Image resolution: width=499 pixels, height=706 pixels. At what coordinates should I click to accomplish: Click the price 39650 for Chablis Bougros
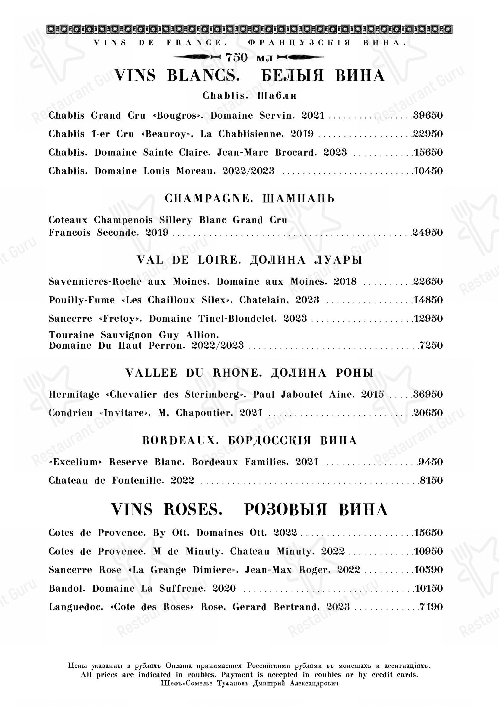(428, 116)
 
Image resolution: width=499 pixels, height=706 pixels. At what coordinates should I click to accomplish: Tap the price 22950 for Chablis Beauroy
(428, 134)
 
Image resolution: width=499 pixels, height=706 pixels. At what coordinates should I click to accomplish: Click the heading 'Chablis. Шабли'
(249, 96)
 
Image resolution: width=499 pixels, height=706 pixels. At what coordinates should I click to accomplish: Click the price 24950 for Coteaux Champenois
(428, 232)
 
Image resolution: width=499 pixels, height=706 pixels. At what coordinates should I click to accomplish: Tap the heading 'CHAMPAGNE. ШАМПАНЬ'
(249, 199)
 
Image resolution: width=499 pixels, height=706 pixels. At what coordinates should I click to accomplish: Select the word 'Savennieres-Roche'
(95, 282)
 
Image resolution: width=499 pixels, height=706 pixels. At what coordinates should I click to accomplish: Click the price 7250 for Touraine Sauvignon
(431, 345)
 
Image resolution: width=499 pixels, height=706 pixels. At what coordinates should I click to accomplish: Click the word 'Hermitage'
(74, 395)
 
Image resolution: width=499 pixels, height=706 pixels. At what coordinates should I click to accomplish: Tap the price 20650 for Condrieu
(428, 413)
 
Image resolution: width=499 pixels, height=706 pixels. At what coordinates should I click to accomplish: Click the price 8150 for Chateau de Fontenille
(431, 481)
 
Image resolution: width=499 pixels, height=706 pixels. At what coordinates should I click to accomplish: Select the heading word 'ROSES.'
(193, 510)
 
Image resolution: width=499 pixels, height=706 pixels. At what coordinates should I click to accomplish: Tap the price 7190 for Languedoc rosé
(431, 607)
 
